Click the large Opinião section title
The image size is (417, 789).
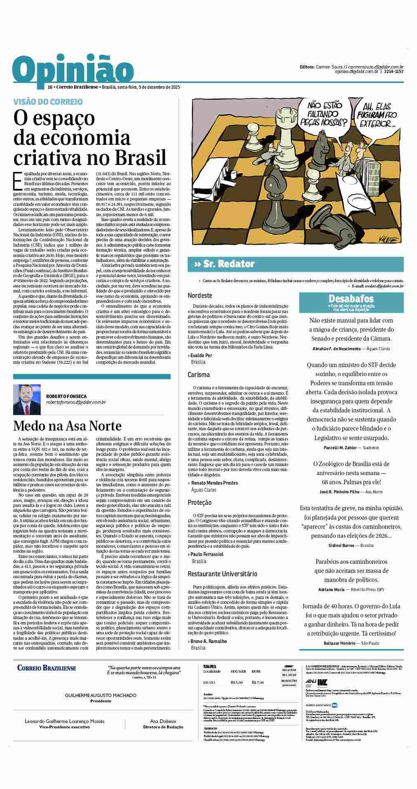point(71,70)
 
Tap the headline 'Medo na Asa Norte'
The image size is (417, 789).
point(67,425)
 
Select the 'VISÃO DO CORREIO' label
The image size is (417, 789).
point(48,101)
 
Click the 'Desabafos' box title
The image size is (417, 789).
point(351,298)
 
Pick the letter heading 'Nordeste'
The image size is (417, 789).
point(200,295)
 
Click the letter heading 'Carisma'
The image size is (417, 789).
point(198,374)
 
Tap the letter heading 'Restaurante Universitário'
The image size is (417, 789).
point(222,574)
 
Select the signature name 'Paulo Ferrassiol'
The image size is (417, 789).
point(207,554)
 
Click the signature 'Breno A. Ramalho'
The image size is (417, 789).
point(209,641)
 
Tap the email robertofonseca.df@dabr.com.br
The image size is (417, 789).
point(76,402)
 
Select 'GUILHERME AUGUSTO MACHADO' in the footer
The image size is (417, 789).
point(101,695)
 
